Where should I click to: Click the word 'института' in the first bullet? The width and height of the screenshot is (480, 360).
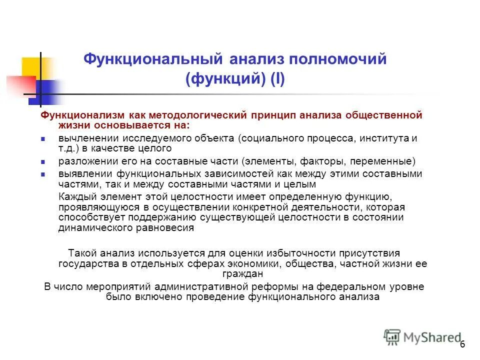(x=388, y=138)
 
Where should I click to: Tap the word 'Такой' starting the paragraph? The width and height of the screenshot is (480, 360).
(x=82, y=253)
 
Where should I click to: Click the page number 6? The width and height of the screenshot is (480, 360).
(x=462, y=344)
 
